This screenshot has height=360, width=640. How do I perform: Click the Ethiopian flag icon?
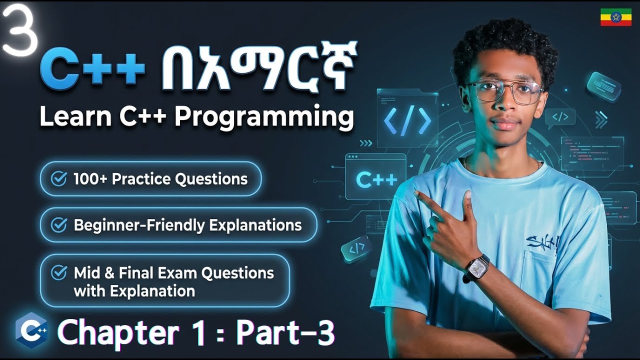pyautogui.click(x=615, y=17)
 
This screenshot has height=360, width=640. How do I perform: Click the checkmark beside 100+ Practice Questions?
pyautogui.click(x=59, y=178)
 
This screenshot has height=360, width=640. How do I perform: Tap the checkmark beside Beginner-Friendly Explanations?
pyautogui.click(x=59, y=225)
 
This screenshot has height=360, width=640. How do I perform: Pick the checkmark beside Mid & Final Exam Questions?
pyautogui.click(x=59, y=272)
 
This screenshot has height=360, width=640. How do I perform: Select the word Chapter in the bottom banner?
pyautogui.click(x=118, y=333)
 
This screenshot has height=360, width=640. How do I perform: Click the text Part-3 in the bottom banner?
pyautogui.click(x=285, y=333)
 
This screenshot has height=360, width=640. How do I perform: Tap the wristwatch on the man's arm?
pyautogui.click(x=477, y=267)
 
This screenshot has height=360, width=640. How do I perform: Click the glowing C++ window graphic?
pyautogui.click(x=376, y=177)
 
